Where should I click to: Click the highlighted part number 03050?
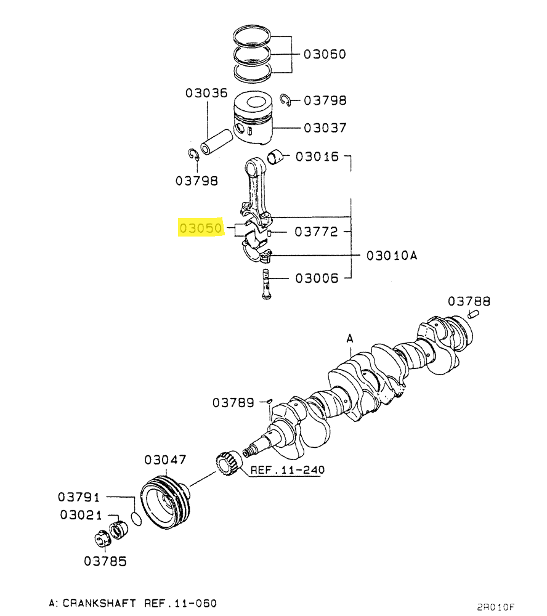click(x=201, y=228)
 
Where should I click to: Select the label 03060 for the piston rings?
click(x=325, y=54)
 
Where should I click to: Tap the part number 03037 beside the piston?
click(x=325, y=128)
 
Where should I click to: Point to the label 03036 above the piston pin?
click(x=206, y=93)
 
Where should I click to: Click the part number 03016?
click(x=317, y=156)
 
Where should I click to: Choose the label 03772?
click(x=317, y=232)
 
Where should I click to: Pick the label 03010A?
click(x=392, y=256)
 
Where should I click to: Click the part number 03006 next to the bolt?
click(x=317, y=278)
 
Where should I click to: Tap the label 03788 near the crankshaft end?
click(x=469, y=301)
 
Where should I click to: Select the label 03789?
click(x=233, y=403)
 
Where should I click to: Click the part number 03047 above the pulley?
click(x=165, y=460)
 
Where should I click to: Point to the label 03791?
click(x=79, y=497)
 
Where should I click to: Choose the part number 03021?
click(x=81, y=514)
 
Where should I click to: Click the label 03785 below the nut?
click(x=105, y=561)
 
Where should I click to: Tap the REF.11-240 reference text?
click(x=288, y=470)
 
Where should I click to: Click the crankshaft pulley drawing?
click(x=166, y=503)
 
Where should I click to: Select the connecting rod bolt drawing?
click(x=266, y=283)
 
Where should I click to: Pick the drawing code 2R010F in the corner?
click(x=495, y=607)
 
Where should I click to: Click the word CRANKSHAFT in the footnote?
click(x=99, y=603)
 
